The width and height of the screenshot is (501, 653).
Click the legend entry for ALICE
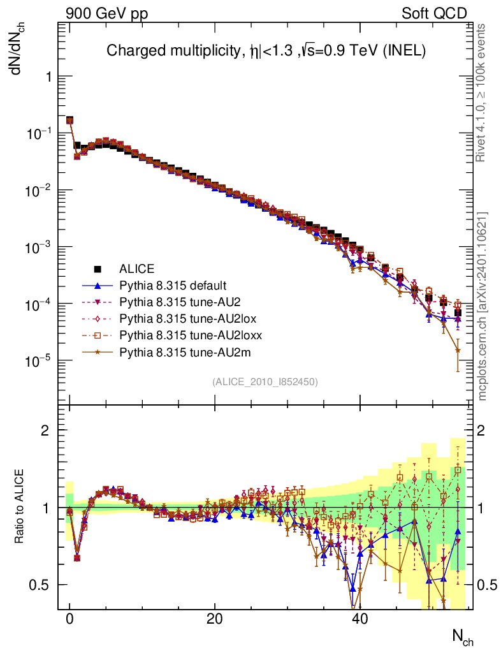(137, 268)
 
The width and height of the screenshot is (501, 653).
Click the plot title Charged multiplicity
(266, 50)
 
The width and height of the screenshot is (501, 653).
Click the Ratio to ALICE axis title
(20, 507)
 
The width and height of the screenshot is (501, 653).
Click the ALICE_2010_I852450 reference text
(265, 381)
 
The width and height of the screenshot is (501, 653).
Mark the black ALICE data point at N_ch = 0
(70, 120)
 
